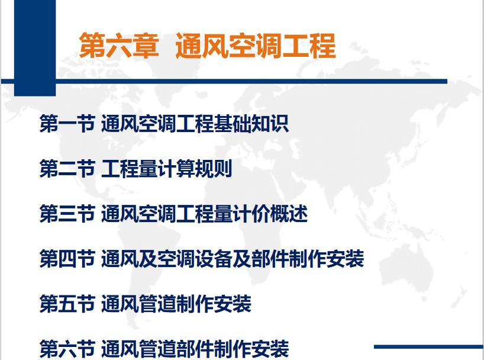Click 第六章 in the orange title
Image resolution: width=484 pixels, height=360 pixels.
tap(119, 46)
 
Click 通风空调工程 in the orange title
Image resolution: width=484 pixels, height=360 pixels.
tap(256, 46)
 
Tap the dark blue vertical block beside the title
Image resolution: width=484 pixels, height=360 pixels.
tap(35, 48)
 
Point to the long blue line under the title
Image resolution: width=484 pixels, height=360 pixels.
tap(224, 82)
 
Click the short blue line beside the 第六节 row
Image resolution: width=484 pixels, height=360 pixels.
tap(429, 347)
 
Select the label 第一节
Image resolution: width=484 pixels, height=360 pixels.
tap(67, 124)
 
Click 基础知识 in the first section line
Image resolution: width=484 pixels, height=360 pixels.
tap(251, 124)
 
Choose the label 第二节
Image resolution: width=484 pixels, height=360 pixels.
tap(67, 168)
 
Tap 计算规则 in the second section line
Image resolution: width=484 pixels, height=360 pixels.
tap(195, 168)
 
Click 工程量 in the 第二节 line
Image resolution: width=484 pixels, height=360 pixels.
tap(130, 168)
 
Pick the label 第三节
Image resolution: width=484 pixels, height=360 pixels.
tap(67, 214)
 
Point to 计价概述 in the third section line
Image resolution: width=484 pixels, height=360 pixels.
tap(270, 214)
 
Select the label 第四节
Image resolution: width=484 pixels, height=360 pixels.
tap(67, 259)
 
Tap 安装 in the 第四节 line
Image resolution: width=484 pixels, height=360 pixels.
tap(346, 259)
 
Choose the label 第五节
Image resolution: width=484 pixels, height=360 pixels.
tap(67, 304)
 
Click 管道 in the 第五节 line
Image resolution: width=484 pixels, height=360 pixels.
tap(157, 304)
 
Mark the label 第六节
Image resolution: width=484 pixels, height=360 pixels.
tap(67, 349)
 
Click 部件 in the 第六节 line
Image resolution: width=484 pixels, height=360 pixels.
tap(195, 349)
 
